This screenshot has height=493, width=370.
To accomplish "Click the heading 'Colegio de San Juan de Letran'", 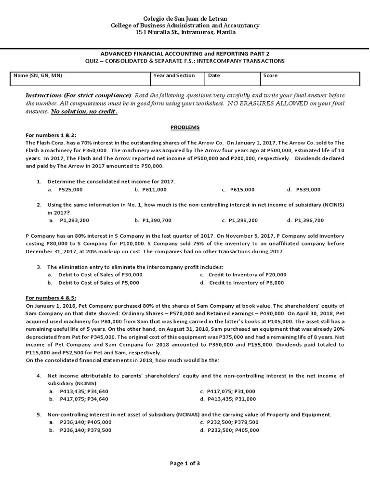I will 185,18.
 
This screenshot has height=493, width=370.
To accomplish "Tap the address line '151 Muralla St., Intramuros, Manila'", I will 185,32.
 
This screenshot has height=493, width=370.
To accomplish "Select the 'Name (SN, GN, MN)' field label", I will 38,76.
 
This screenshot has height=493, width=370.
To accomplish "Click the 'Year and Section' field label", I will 174,76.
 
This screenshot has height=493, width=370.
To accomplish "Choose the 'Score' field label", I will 270,76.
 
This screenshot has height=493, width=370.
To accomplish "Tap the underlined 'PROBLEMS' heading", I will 185,127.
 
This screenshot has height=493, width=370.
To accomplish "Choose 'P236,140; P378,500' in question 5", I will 85,430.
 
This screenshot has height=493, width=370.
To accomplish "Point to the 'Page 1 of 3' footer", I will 185,463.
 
